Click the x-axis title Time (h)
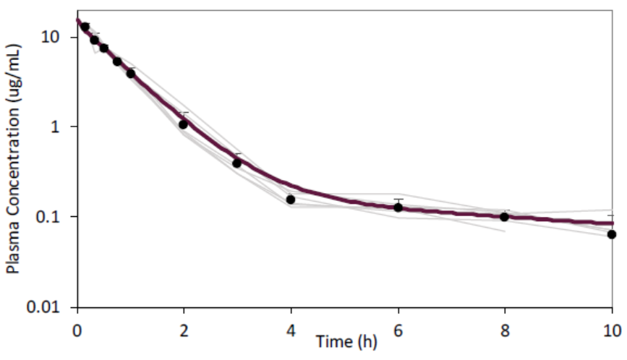click(346, 342)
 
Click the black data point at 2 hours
click(184, 124)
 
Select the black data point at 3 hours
click(236, 163)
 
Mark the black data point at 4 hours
click(291, 200)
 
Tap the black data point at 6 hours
click(398, 207)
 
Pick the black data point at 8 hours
click(504, 216)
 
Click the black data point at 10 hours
click(612, 234)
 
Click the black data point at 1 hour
click(131, 73)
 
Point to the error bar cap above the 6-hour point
click(398, 199)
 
